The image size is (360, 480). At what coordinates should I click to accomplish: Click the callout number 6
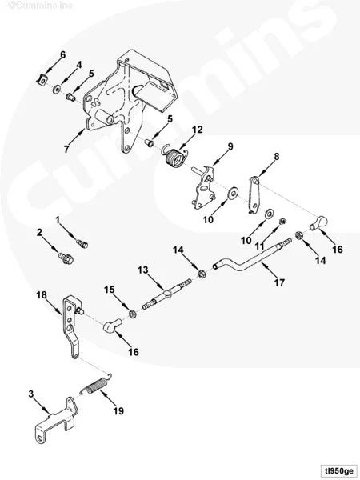tap(62, 55)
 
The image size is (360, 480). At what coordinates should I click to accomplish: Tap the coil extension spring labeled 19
tap(96, 384)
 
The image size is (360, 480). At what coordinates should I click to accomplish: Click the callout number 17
tap(279, 282)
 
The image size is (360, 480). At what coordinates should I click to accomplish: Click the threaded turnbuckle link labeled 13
tap(167, 294)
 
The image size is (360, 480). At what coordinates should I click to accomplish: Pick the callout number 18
tap(42, 295)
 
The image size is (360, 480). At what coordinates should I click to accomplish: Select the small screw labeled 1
tap(82, 244)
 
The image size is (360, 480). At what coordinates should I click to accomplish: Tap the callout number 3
tap(31, 394)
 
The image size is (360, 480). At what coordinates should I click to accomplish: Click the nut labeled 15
tap(132, 314)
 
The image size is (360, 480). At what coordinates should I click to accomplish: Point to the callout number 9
tap(230, 146)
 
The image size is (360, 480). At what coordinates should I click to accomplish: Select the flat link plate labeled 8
tap(254, 194)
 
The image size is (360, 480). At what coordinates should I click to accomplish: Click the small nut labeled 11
tap(282, 221)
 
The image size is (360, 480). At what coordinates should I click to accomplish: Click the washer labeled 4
tap(57, 90)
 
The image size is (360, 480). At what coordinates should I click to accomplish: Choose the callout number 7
tap(66, 149)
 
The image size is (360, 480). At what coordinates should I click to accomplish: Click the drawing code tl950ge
tap(337, 470)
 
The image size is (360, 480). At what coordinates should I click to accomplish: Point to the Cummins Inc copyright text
tap(41, 6)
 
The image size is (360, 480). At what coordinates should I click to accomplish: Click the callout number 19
tap(118, 411)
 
